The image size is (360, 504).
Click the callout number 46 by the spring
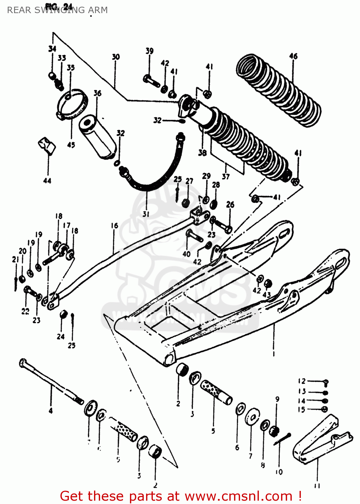[x=293, y=56]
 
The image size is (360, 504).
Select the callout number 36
[x=97, y=93]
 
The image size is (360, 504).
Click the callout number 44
[x=47, y=181]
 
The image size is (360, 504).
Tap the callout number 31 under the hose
[x=146, y=214]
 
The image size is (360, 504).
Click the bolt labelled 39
[x=151, y=81]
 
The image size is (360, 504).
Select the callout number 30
[x=116, y=57]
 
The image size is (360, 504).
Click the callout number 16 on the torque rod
[x=115, y=226]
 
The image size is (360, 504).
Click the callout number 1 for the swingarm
[x=273, y=353]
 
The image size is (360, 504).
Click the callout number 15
[x=302, y=410]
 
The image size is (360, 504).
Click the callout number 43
[x=266, y=295]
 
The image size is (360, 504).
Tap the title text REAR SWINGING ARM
[x=57, y=10]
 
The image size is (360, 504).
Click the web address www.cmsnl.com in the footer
[x=238, y=496]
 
